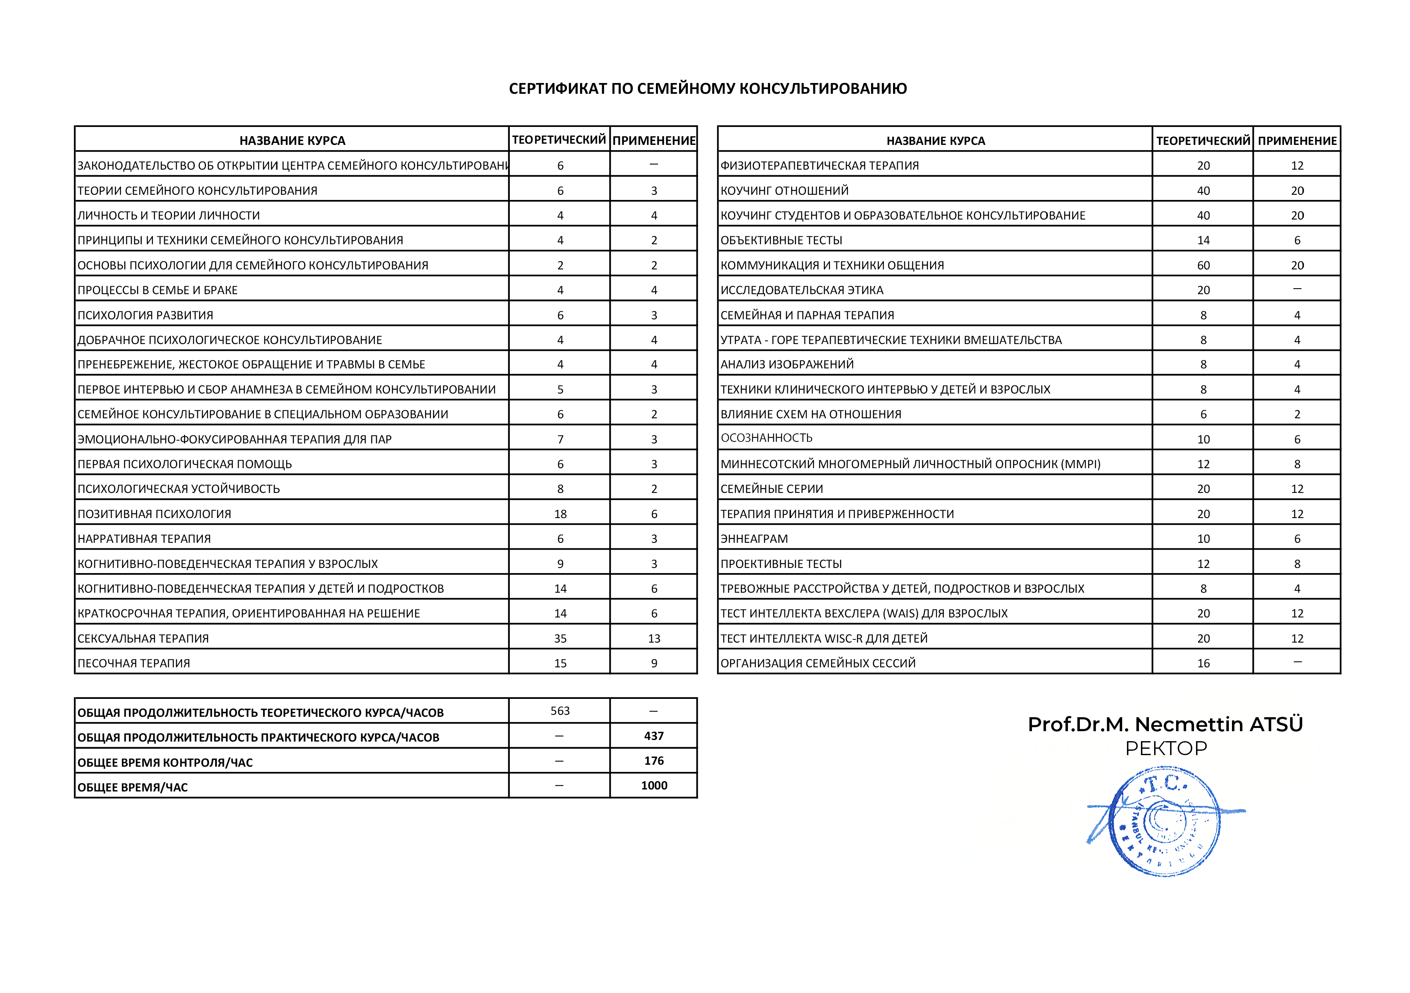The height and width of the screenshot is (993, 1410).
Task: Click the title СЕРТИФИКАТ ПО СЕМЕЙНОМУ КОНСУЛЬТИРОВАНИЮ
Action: coord(707,89)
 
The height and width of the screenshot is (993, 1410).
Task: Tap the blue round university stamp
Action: coord(1164,821)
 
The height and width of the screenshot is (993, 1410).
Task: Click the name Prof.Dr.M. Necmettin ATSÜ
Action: coord(1165,725)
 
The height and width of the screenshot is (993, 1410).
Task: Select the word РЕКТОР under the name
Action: coord(1166,749)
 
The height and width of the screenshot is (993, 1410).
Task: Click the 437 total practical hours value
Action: coord(654,736)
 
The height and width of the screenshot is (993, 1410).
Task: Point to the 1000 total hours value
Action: coord(654,785)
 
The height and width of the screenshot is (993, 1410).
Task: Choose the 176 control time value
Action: coord(654,761)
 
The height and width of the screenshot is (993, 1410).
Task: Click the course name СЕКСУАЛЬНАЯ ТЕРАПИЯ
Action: coord(143,639)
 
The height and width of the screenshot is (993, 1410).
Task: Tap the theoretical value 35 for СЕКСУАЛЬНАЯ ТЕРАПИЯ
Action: coord(560,639)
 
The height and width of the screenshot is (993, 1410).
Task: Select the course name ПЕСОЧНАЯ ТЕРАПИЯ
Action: coord(134,664)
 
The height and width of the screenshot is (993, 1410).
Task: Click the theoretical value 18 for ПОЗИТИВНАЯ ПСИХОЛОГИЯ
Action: coord(560,514)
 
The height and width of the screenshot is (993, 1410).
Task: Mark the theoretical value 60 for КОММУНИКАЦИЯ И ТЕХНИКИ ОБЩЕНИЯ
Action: coord(1203,266)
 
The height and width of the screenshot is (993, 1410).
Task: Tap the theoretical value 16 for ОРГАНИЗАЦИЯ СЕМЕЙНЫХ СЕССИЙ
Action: coord(1203,664)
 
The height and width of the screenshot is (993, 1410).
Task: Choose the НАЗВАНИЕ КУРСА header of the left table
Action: coord(292,140)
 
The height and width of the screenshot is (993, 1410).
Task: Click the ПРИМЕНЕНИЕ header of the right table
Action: coord(1297,140)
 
